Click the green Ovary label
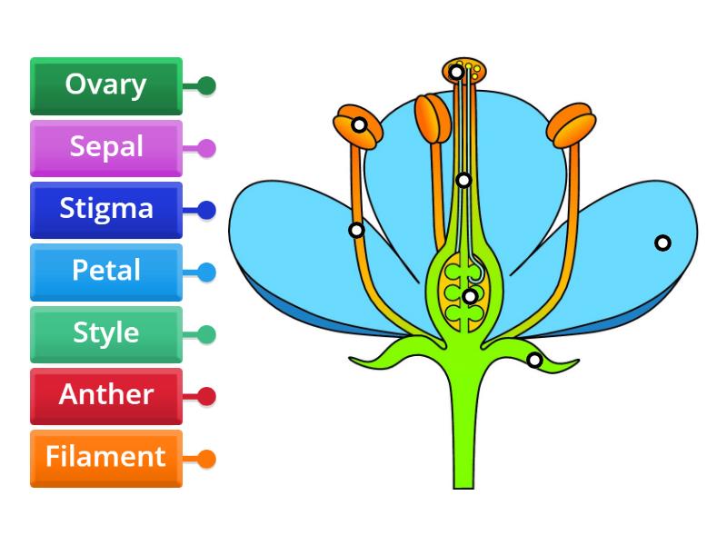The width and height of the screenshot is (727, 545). click(x=106, y=85)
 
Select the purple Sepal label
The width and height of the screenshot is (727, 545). click(x=106, y=147)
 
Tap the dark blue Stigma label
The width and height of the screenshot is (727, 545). click(x=106, y=210)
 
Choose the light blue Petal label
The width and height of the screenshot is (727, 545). click(x=106, y=272)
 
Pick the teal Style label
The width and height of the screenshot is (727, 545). click(x=106, y=333)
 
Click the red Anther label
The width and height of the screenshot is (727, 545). click(x=106, y=395)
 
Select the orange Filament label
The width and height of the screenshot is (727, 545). click(x=106, y=457)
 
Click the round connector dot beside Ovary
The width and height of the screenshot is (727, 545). click(x=207, y=86)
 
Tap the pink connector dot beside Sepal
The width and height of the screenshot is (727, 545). click(x=207, y=148)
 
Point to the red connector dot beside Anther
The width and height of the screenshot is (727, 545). click(x=207, y=396)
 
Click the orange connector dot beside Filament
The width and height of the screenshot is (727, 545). click(x=207, y=459)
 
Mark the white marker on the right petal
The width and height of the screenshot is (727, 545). click(x=663, y=243)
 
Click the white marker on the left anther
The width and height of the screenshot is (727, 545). click(x=360, y=124)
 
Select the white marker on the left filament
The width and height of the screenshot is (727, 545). click(x=357, y=230)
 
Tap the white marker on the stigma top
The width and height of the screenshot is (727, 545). click(x=457, y=72)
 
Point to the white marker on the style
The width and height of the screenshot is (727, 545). click(x=463, y=180)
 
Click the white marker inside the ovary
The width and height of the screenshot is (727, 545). click(x=469, y=295)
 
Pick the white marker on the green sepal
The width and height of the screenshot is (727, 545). click(x=534, y=361)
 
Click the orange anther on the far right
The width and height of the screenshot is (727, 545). click(x=570, y=126)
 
